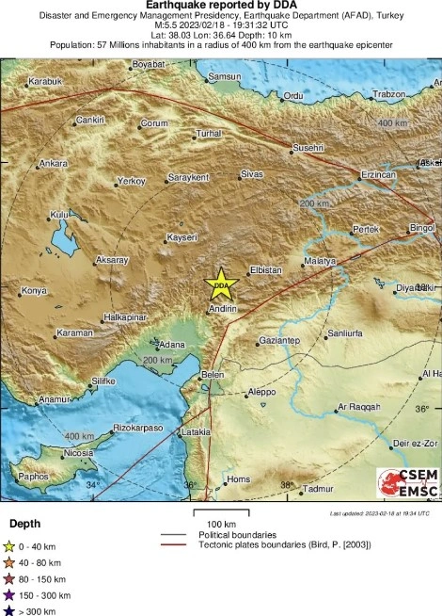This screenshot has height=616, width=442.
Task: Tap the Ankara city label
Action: [x=53, y=163]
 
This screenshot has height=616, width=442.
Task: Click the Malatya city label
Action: [x=321, y=261]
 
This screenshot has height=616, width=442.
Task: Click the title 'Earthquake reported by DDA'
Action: [x=221, y=6]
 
